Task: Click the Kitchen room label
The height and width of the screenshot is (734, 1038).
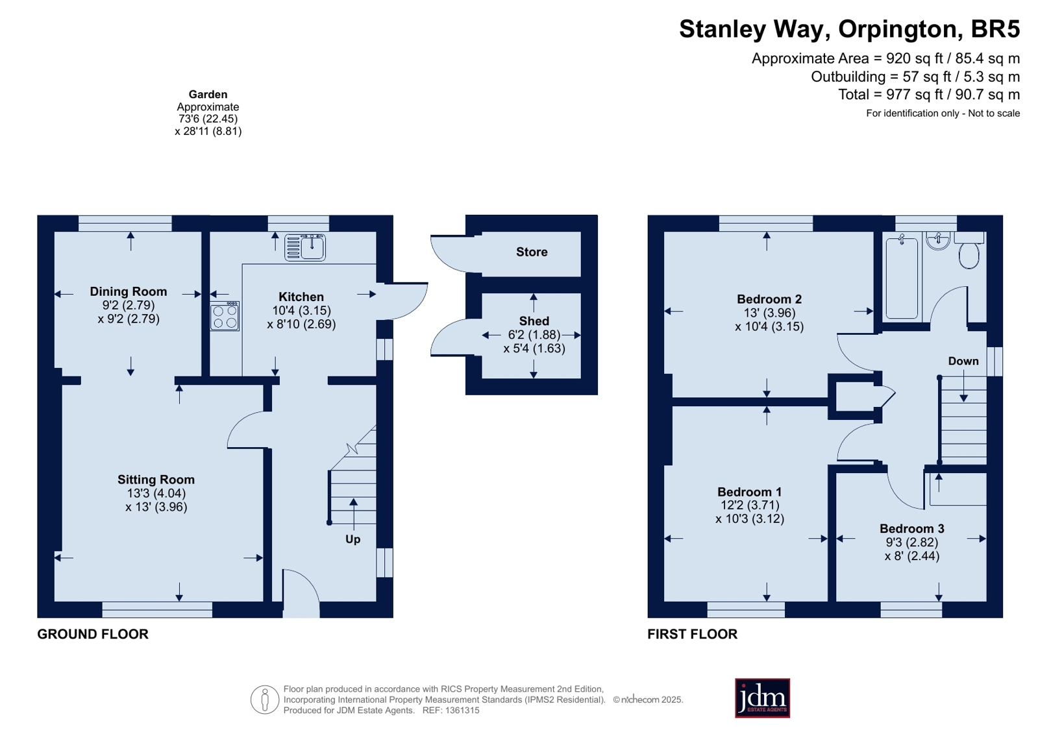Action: [x=301, y=297]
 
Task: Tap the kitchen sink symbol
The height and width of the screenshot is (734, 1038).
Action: [x=305, y=247]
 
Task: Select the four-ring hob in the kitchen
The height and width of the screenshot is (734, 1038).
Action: [x=225, y=317]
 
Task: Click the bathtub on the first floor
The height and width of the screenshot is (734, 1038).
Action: [x=902, y=278]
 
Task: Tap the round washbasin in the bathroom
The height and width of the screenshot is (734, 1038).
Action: [x=939, y=241]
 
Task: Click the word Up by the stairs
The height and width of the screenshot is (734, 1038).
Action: [x=352, y=539]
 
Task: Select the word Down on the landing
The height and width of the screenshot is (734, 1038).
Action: [x=963, y=361]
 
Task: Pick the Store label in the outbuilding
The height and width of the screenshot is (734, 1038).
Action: [x=532, y=252]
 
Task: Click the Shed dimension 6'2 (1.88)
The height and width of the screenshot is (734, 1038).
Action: [x=534, y=335]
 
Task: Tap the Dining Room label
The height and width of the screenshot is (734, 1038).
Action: [x=129, y=291]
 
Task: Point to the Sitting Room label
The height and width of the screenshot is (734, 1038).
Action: [x=156, y=480]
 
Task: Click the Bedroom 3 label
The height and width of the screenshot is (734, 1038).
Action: [x=912, y=529]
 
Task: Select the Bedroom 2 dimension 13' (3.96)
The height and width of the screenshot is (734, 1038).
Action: [x=769, y=313]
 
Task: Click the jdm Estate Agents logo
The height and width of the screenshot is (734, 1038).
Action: [x=762, y=698]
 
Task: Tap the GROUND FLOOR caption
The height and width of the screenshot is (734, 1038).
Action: [x=93, y=634]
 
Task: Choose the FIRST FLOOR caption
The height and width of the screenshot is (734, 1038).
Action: [x=692, y=634]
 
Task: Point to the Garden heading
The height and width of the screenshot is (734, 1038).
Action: [x=208, y=95]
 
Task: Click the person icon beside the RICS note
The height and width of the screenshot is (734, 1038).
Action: [x=265, y=700]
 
